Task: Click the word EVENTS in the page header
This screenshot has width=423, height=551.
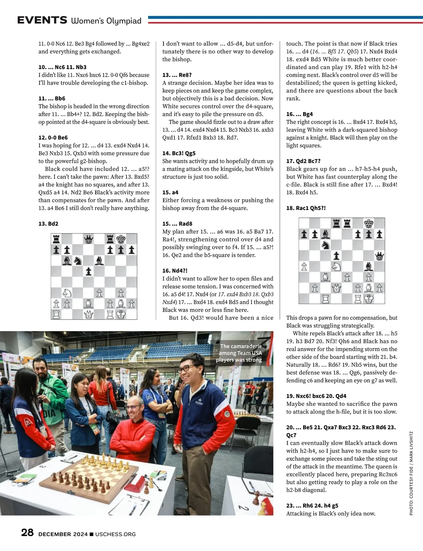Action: [x=42, y=20]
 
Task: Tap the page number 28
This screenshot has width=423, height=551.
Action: [x=27, y=532]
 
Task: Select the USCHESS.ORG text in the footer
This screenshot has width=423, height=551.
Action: [x=115, y=534]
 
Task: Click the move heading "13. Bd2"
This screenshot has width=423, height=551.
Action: [x=48, y=224]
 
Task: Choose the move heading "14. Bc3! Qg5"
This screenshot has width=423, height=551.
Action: [x=179, y=153]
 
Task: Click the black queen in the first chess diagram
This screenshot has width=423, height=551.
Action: [x=88, y=240]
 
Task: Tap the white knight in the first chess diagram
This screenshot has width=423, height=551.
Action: [x=67, y=293]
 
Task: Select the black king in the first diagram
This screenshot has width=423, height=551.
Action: [x=121, y=240]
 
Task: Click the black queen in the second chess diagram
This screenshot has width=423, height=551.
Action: [x=379, y=256]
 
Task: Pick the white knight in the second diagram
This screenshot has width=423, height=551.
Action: [x=336, y=267]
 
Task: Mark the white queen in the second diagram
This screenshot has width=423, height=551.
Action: [x=336, y=288]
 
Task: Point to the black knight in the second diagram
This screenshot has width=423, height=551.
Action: [x=326, y=245]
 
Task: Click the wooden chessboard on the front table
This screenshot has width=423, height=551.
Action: [x=90, y=475]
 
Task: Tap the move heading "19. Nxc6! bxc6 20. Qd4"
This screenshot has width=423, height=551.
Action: [x=316, y=396]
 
